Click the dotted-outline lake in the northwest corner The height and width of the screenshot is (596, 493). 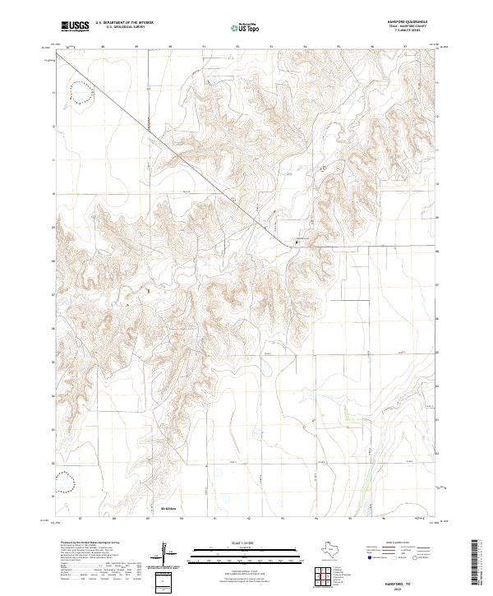click(81, 92)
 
